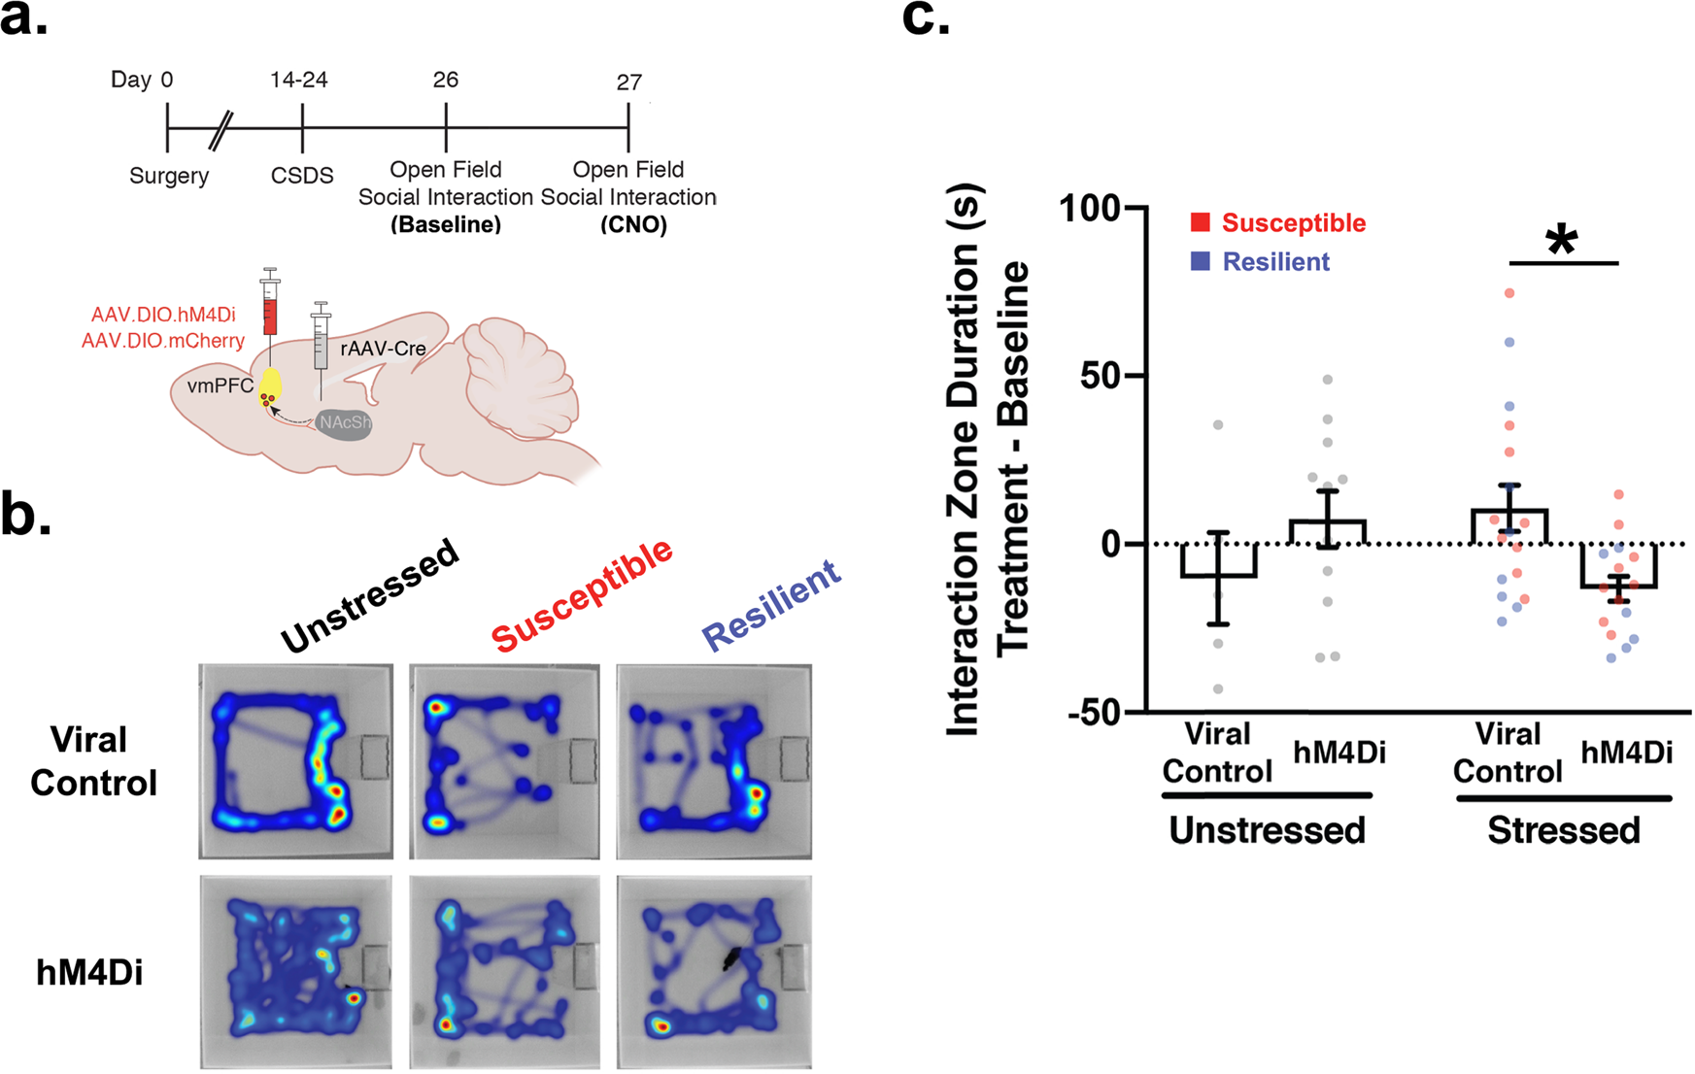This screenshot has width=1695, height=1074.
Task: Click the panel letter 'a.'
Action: (x=23, y=19)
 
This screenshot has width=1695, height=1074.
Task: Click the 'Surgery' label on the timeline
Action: (x=169, y=176)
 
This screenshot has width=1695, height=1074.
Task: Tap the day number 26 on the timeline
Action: (x=445, y=80)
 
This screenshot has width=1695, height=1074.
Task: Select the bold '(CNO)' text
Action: (x=633, y=224)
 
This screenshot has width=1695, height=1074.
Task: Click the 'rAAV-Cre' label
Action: (x=383, y=348)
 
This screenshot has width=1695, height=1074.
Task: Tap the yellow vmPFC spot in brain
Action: (x=269, y=386)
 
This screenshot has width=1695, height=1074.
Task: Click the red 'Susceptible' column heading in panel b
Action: (x=582, y=594)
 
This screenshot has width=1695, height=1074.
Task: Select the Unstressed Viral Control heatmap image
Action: (x=296, y=761)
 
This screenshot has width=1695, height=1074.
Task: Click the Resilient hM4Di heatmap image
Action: (x=714, y=972)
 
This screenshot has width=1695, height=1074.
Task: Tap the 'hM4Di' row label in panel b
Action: (x=89, y=972)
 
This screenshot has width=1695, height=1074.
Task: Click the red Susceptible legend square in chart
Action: (x=1201, y=222)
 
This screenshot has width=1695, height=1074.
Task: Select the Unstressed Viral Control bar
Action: (x=1218, y=560)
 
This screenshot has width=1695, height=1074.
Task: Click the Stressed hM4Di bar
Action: (x=1618, y=566)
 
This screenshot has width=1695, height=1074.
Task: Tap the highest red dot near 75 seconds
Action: (x=1509, y=292)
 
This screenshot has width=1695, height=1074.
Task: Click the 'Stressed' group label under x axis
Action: (x=1563, y=830)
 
